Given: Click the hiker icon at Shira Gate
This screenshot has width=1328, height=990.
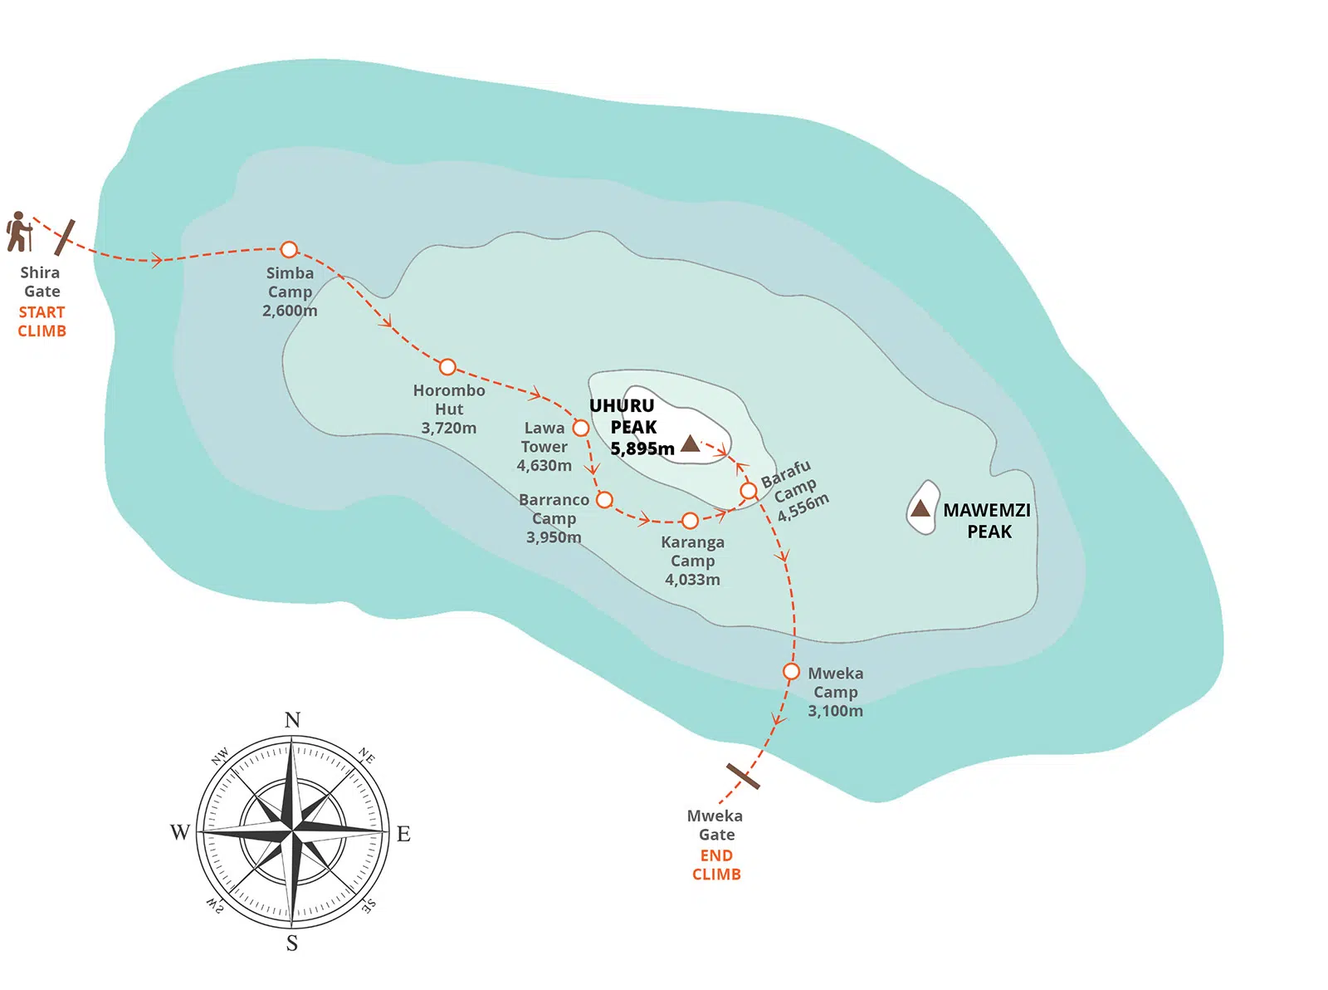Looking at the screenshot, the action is pyautogui.click(x=18, y=232).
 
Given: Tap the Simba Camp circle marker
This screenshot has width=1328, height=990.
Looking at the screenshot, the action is pyautogui.click(x=289, y=248).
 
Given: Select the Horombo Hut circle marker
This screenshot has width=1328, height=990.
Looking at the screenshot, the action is pyautogui.click(x=447, y=367).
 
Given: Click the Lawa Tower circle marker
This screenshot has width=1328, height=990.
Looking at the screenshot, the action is pyautogui.click(x=581, y=428).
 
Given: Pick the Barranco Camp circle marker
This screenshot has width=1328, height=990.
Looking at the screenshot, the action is pyautogui.click(x=605, y=499).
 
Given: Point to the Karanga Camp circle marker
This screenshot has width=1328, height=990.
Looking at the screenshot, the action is pyautogui.click(x=690, y=520).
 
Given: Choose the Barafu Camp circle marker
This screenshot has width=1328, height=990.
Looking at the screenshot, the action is pyautogui.click(x=749, y=491).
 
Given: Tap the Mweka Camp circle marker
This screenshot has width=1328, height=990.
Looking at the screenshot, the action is pyautogui.click(x=791, y=671).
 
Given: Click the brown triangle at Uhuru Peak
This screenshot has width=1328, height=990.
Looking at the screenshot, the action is pyautogui.click(x=691, y=444).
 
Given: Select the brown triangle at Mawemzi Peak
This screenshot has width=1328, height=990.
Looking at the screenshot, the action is pyautogui.click(x=920, y=508).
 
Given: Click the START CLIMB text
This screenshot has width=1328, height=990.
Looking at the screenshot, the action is pyautogui.click(x=41, y=321).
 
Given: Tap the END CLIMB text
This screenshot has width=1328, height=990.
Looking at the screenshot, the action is pyautogui.click(x=716, y=864).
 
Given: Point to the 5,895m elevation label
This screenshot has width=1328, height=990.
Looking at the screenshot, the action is pyautogui.click(x=642, y=448).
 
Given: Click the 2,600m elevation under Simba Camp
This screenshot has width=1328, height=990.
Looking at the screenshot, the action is pyautogui.click(x=290, y=311).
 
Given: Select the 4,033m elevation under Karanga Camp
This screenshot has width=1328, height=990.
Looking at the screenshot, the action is pyautogui.click(x=693, y=580).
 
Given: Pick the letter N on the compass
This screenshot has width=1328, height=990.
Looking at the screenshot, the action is pyautogui.click(x=292, y=719).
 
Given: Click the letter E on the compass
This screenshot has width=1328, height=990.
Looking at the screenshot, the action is pyautogui.click(x=403, y=833).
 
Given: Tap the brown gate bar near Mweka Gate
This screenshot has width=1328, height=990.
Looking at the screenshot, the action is pyautogui.click(x=743, y=776).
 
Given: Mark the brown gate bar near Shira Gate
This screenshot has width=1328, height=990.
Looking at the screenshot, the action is pyautogui.click(x=65, y=238).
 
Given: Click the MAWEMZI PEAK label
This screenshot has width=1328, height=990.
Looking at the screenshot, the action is pyautogui.click(x=988, y=520).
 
